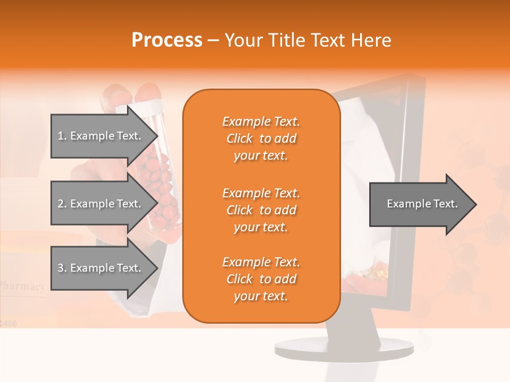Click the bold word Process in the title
coord(167,40)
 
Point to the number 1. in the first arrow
coord(62,136)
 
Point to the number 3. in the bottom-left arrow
coord(62,268)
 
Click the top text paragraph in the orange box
coord(261,138)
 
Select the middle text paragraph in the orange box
coord(261,210)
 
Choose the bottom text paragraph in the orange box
coord(261,279)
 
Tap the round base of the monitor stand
coord(344,348)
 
